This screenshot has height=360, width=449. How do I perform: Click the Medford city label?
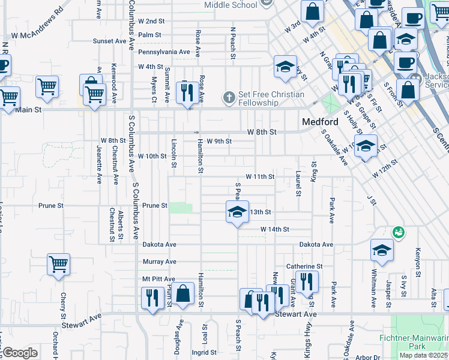[x=321, y=122]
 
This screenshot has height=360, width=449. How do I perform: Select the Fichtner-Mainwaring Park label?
[x=414, y=342]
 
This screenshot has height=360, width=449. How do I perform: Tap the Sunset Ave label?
[x=109, y=41]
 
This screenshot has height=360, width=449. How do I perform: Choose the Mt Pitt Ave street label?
[x=158, y=279]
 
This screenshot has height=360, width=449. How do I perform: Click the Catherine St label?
[x=304, y=266]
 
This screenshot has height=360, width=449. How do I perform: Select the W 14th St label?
[x=275, y=229]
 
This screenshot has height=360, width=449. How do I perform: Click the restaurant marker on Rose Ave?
[x=187, y=92]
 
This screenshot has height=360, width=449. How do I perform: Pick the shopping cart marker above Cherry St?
[x=59, y=264]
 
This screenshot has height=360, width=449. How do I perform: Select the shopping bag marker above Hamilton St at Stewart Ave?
[x=184, y=294]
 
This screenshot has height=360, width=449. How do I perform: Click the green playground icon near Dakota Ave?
[x=397, y=232]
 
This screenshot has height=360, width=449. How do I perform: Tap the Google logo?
[x=20, y=353]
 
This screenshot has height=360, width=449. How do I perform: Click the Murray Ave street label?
[x=160, y=262]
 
